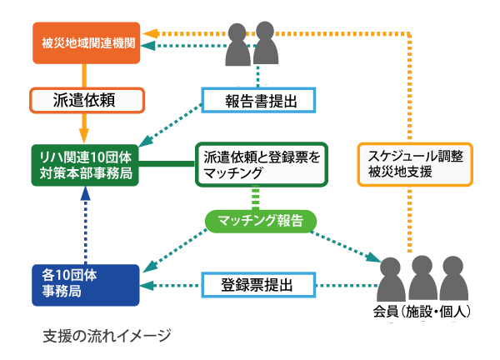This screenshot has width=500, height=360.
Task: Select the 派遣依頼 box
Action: [83, 101]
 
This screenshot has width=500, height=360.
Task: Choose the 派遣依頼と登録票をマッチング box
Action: [258, 163]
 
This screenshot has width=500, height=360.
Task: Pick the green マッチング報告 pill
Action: [260, 220]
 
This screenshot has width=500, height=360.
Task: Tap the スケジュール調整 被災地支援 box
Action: [414, 163]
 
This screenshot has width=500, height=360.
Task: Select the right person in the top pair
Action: [265, 43]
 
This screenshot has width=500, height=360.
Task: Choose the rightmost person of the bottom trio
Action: [452, 279]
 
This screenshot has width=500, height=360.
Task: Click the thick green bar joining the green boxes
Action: [167, 163]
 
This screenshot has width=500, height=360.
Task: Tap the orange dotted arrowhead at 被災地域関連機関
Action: [148, 32]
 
